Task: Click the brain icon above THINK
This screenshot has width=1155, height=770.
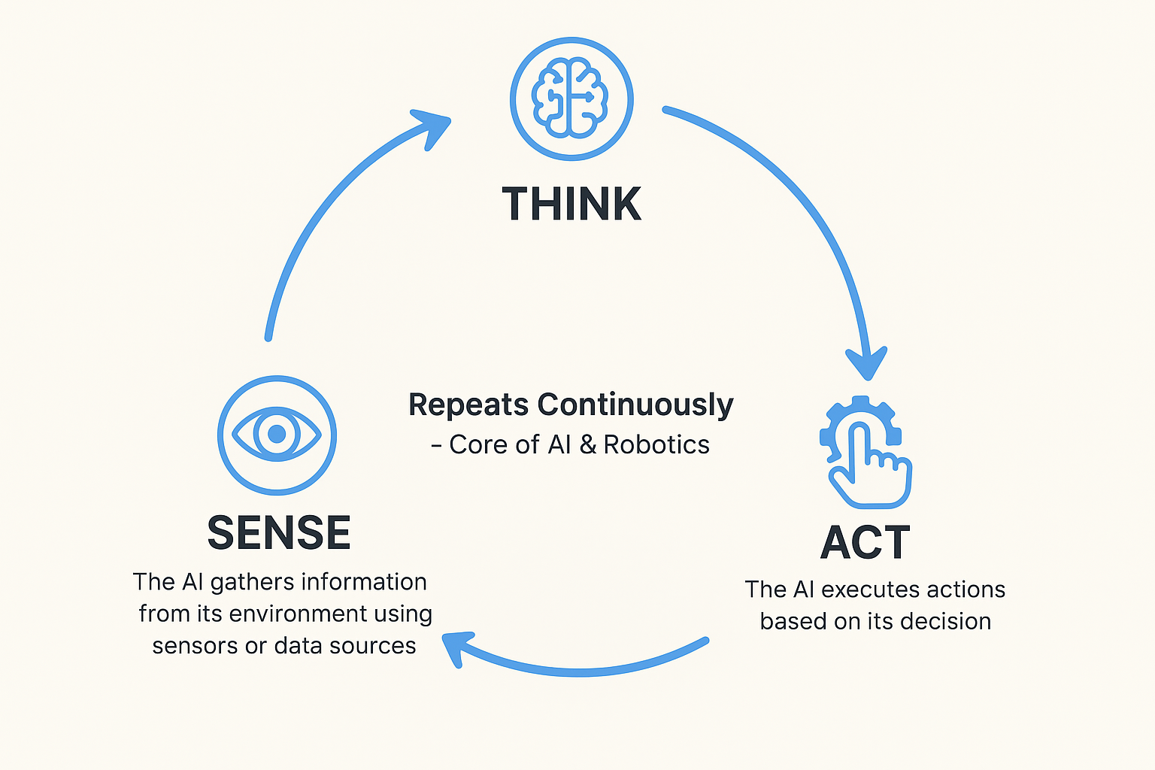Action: (571, 99)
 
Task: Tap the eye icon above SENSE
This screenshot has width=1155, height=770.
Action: (277, 435)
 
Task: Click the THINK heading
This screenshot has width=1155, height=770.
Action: (571, 204)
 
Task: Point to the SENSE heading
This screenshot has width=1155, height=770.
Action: (279, 533)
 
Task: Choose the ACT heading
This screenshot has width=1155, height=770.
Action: (865, 542)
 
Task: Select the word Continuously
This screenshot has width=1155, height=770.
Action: (635, 405)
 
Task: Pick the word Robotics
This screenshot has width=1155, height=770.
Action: (656, 445)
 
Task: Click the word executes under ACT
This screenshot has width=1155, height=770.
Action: (869, 590)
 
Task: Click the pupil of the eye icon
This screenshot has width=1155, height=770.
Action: (277, 434)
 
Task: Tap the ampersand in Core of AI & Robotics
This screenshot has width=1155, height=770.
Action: (588, 445)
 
